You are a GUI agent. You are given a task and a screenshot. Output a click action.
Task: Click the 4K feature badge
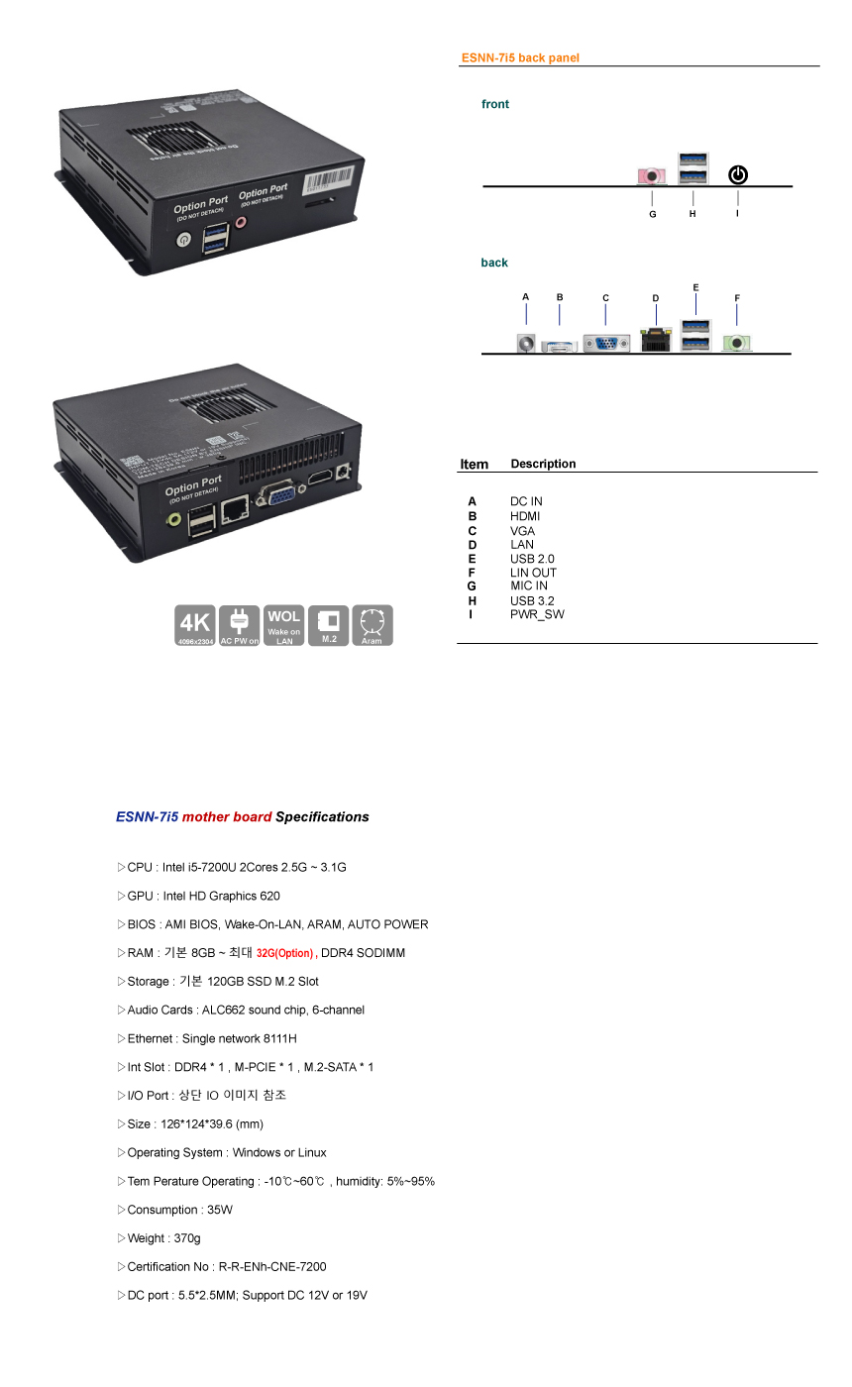(x=195, y=625)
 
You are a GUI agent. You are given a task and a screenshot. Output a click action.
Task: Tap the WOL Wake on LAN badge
(x=284, y=625)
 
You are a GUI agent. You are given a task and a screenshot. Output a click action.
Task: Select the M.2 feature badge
(x=329, y=625)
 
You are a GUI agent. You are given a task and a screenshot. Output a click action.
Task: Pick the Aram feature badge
(x=373, y=625)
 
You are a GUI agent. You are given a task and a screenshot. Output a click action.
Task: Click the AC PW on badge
(x=239, y=625)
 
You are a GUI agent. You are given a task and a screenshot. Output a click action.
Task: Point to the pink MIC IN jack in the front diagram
(x=651, y=176)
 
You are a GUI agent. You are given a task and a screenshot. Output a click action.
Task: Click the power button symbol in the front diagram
(x=738, y=175)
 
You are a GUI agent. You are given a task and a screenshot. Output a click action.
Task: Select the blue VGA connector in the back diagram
(x=606, y=343)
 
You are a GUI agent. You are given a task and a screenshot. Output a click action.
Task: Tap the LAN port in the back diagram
(x=655, y=341)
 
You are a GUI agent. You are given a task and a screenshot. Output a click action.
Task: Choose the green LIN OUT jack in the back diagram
(x=736, y=343)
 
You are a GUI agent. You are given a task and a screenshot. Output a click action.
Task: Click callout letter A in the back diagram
(x=525, y=296)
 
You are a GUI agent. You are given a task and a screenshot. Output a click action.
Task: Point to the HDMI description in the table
(x=525, y=516)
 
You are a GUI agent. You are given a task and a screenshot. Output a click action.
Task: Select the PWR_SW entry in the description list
(x=537, y=614)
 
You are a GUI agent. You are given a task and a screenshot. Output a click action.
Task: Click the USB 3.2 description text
(x=532, y=600)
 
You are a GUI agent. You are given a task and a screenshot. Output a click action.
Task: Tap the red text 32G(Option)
(x=284, y=953)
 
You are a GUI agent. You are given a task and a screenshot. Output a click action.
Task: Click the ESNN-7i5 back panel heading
(x=520, y=58)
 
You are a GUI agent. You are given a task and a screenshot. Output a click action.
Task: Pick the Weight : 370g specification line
(x=163, y=1238)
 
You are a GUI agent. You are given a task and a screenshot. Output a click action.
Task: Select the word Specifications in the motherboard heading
(x=322, y=817)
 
